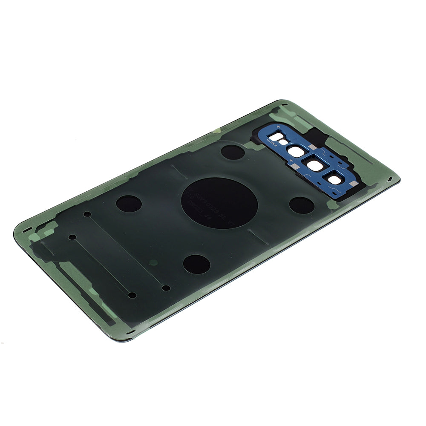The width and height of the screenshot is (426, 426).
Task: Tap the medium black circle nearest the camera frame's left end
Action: [233, 152]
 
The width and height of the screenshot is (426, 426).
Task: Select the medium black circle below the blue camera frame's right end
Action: [302, 205]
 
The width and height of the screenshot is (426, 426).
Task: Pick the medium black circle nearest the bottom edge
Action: [196, 264]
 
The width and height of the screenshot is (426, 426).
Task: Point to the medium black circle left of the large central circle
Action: [129, 204]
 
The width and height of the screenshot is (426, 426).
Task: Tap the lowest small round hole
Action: [132, 295]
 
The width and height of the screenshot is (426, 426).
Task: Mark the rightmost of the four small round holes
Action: [166, 288]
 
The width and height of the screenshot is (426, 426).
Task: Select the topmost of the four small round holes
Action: [87, 214]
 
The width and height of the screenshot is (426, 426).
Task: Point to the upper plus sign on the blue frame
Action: [278, 127]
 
